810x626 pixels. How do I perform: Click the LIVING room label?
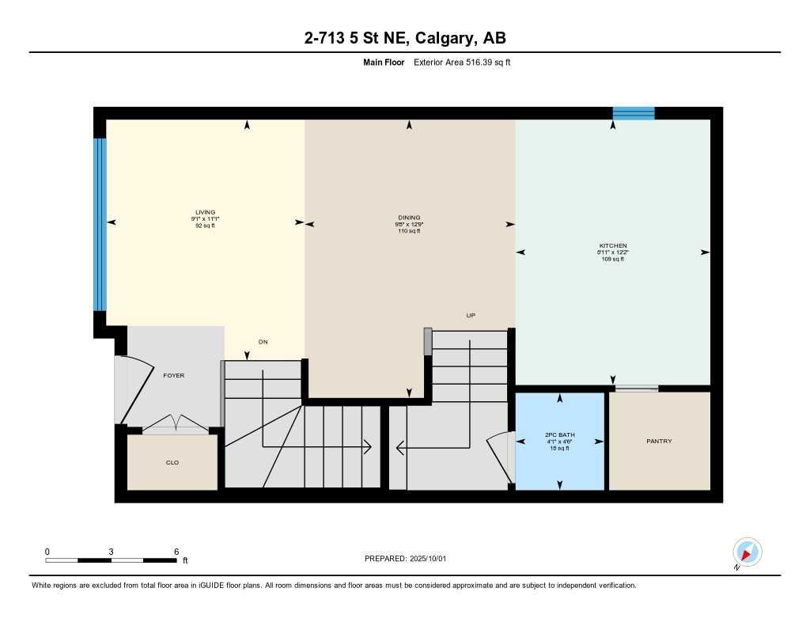[205, 212]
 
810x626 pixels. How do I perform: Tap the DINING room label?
[409, 218]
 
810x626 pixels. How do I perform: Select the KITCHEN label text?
[612, 246]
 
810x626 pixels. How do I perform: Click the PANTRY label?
[659, 441]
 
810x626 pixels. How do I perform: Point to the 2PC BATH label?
[558, 435]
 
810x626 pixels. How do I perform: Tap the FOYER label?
[173, 375]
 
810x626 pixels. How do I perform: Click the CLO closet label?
[172, 462]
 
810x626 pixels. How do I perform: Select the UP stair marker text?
[470, 315]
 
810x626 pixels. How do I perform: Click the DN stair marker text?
[263, 342]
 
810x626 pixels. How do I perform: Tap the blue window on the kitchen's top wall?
[634, 113]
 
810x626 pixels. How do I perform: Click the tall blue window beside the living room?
[100, 225]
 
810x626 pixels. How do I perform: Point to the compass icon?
[747, 552]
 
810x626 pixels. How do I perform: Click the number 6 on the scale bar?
[176, 552]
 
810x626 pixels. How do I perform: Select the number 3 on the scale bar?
[112, 552]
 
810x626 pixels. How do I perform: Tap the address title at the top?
[404, 38]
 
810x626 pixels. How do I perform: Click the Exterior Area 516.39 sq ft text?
[462, 62]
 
